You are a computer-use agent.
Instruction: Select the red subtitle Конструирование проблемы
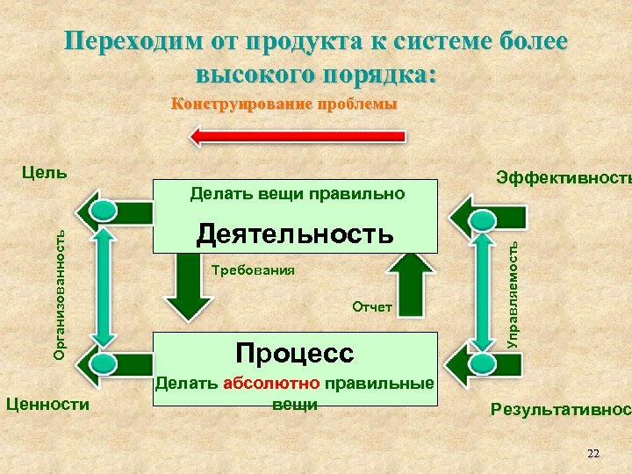(x=284, y=104)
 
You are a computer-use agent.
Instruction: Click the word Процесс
(x=295, y=353)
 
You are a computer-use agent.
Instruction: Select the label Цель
(x=43, y=171)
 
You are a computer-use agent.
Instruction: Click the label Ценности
(x=47, y=404)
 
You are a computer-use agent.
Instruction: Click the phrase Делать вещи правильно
(x=298, y=192)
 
